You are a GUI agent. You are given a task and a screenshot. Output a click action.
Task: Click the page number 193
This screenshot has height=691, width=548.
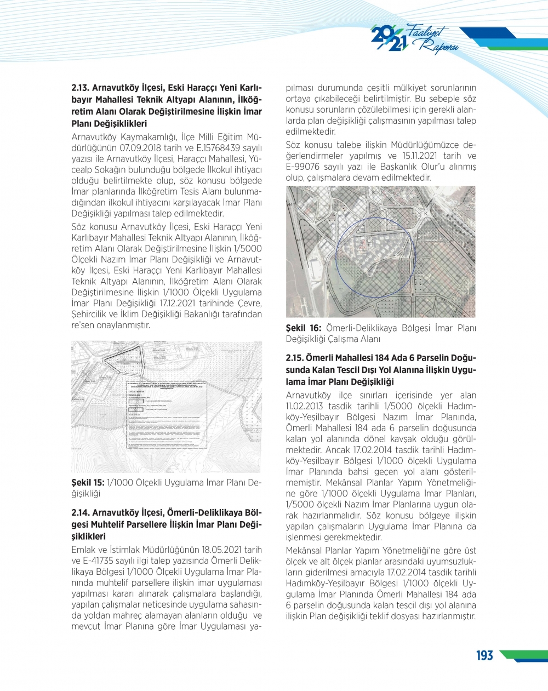(x=484, y=655)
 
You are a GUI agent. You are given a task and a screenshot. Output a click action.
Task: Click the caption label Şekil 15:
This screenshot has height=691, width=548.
(x=88, y=483)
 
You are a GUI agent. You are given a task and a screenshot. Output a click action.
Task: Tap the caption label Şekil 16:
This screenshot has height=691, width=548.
(x=304, y=328)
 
